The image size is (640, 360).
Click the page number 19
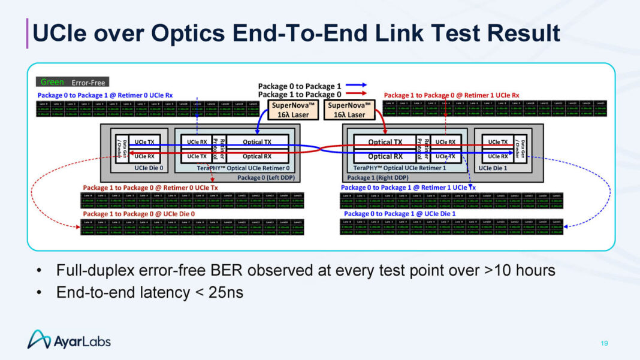(604, 343)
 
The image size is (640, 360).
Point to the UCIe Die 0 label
(149, 168)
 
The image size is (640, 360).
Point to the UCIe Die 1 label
(493, 168)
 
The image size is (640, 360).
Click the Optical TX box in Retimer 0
(257, 142)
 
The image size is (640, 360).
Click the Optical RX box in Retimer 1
(385, 156)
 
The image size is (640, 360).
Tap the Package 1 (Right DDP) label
(378, 178)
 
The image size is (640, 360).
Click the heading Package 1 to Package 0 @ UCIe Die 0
(138, 214)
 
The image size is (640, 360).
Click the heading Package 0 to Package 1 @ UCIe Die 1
(399, 214)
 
